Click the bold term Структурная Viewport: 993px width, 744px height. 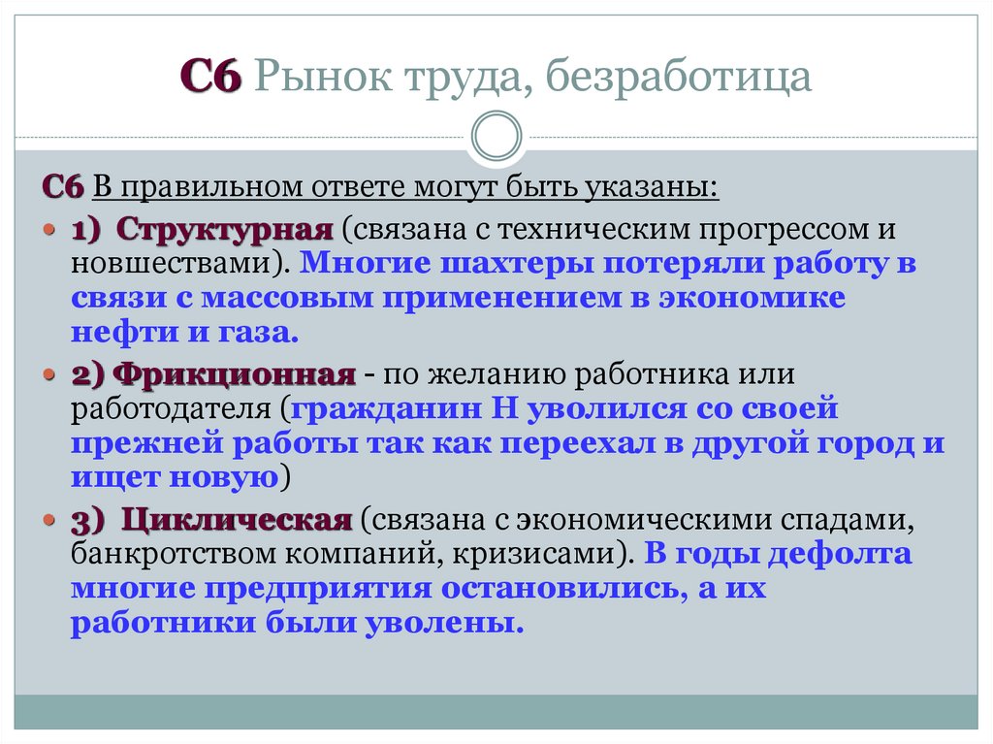[x=226, y=231]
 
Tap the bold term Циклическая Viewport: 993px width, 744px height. [x=237, y=521]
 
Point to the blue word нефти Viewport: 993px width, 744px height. [x=113, y=333]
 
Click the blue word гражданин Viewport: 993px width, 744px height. [x=401, y=408]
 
